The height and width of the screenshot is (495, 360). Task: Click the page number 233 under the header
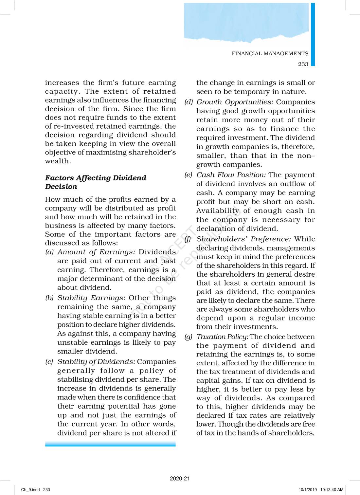point(303,64)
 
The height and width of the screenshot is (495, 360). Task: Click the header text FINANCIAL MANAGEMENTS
point(270,54)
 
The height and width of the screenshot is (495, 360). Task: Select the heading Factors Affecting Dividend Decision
point(96,182)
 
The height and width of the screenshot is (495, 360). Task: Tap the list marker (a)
point(49,252)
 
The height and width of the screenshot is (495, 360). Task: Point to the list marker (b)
point(49,298)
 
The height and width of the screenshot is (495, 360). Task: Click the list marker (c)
point(49,362)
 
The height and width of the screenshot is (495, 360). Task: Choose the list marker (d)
point(189,102)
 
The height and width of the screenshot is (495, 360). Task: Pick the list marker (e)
point(188,175)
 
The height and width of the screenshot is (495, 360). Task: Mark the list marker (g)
point(188,337)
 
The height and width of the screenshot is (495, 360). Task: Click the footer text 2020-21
point(180,479)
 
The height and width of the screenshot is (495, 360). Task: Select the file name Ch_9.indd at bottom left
point(30,490)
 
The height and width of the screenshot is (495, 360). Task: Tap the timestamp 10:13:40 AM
point(332,490)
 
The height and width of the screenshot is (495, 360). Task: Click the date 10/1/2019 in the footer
point(308,490)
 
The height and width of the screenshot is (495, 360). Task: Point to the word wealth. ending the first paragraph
point(58,161)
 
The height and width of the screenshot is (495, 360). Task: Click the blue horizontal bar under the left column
point(110,444)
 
